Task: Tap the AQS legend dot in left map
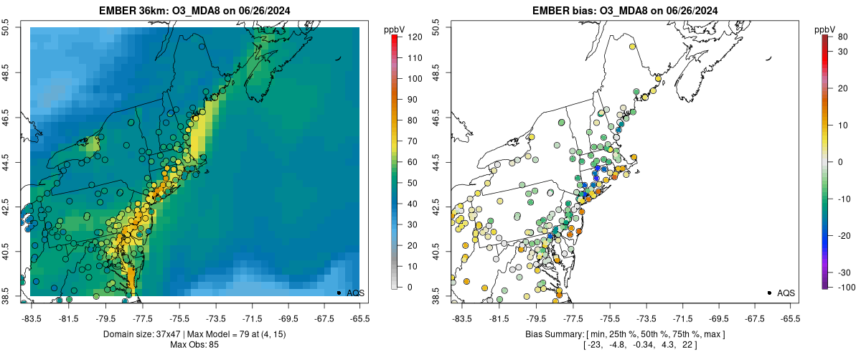tap(339, 293)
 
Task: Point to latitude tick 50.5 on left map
tap(6, 27)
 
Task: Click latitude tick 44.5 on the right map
tap(437, 161)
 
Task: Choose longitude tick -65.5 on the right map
tap(790, 317)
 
